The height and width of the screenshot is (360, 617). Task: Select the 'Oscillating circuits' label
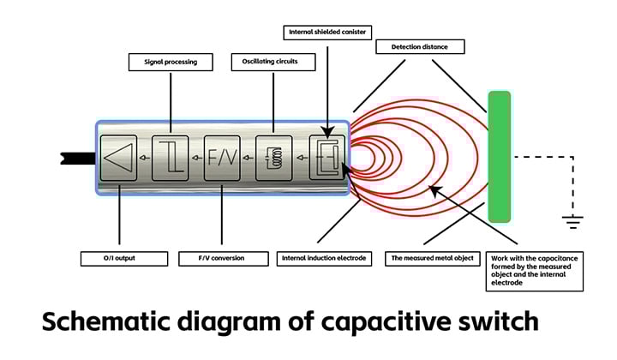pos(273,62)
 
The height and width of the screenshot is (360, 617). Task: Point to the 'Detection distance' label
pos(420,46)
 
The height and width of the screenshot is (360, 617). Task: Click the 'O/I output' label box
pos(119,258)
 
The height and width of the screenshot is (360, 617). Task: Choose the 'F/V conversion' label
pos(221,258)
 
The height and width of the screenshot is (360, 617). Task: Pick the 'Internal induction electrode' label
pos(326,258)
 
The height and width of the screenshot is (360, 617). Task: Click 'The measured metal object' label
pos(433,258)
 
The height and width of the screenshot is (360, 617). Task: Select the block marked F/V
pos(221,158)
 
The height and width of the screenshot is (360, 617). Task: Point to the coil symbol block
pos(273,158)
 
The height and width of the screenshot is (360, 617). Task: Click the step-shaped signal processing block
pos(170,158)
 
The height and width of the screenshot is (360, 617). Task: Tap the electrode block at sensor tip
pos(326,158)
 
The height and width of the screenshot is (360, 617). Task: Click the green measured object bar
pos(499,156)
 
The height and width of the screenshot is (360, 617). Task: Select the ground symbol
pos(572,222)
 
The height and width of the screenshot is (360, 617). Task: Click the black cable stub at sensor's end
pos(75,158)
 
